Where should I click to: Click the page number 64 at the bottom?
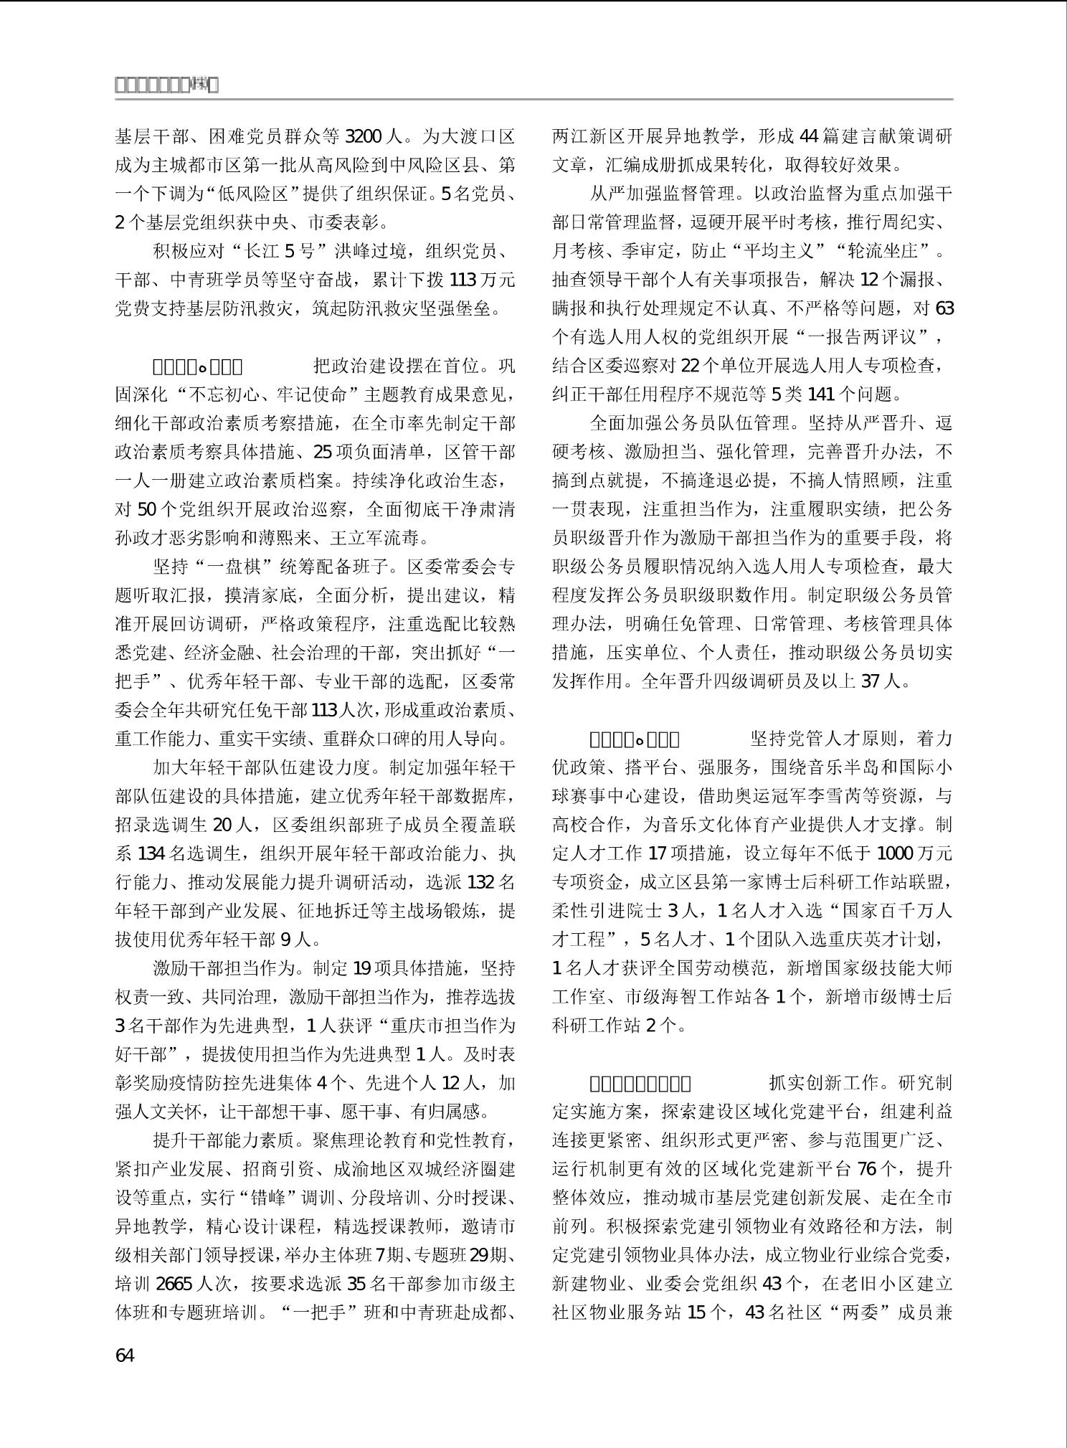[125, 1355]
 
